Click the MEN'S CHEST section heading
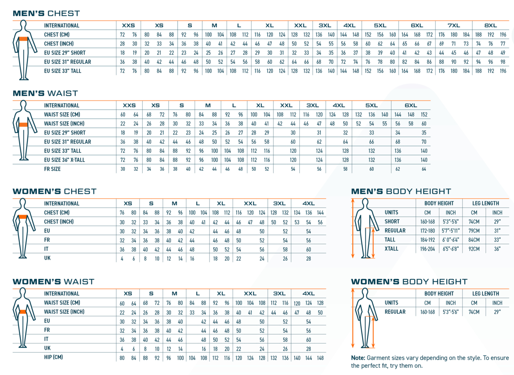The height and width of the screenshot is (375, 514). [x=46, y=14]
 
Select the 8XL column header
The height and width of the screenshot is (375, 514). [x=490, y=25]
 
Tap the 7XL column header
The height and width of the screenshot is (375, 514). [x=454, y=25]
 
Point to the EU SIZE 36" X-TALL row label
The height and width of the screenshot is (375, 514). [x=64, y=160]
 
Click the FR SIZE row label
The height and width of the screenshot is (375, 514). [x=52, y=169]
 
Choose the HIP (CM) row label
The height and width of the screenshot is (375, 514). [x=53, y=357]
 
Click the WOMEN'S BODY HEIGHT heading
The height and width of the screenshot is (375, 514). [x=409, y=282]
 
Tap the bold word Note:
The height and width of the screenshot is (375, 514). [x=358, y=358]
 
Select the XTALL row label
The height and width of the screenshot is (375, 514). [x=391, y=249]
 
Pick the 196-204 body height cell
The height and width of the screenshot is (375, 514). [x=427, y=249]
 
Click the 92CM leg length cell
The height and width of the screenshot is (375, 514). [x=474, y=249]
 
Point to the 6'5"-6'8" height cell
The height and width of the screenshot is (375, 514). [x=451, y=249]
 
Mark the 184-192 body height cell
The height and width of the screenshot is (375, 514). [x=427, y=240]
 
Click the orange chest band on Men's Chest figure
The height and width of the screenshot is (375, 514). [x=23, y=39]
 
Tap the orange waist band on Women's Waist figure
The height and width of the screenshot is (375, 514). [x=23, y=312]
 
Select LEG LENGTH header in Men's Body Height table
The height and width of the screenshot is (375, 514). [x=486, y=203]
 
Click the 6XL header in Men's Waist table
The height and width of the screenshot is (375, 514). [x=411, y=105]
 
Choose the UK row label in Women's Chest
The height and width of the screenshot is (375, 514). [x=47, y=258]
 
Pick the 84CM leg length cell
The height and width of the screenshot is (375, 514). [x=474, y=240]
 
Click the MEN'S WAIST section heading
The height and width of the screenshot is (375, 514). [x=45, y=93]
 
